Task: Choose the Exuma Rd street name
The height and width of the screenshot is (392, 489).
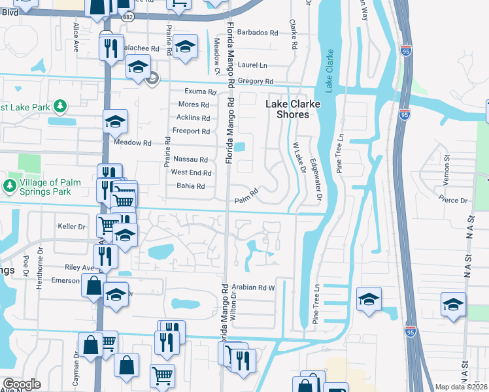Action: pyautogui.click(x=199, y=92)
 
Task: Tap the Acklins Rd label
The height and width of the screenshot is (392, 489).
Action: pyautogui.click(x=193, y=118)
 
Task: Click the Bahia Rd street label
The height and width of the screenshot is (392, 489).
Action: pyautogui.click(x=191, y=186)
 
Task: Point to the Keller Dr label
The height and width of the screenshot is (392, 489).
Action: pyautogui.click(x=72, y=227)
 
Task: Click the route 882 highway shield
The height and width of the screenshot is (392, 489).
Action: pyautogui.click(x=127, y=18)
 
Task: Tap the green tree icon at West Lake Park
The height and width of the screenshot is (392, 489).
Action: pyautogui.click(x=60, y=106)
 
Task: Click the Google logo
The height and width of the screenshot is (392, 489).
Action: pyautogui.click(x=22, y=384)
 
